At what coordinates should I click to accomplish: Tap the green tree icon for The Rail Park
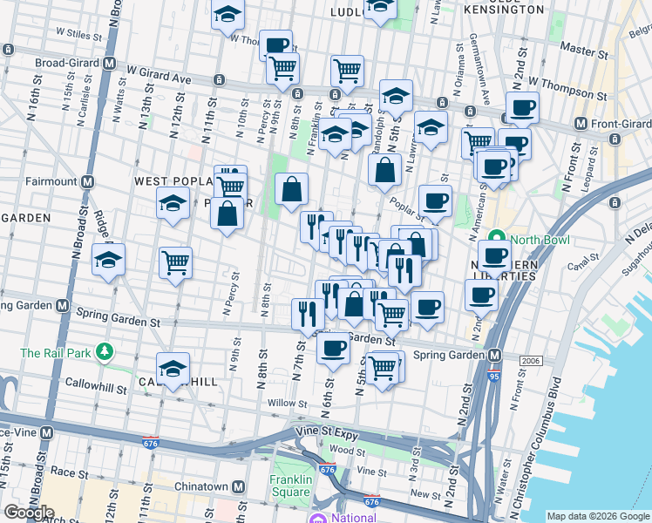pyautogui.click(x=105, y=351)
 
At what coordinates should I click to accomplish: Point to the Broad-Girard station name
pyautogui.click(x=68, y=63)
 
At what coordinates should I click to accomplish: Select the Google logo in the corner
pyautogui.click(x=28, y=512)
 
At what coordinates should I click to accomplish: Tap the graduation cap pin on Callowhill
pyautogui.click(x=173, y=370)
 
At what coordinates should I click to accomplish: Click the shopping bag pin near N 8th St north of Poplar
pyautogui.click(x=292, y=188)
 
